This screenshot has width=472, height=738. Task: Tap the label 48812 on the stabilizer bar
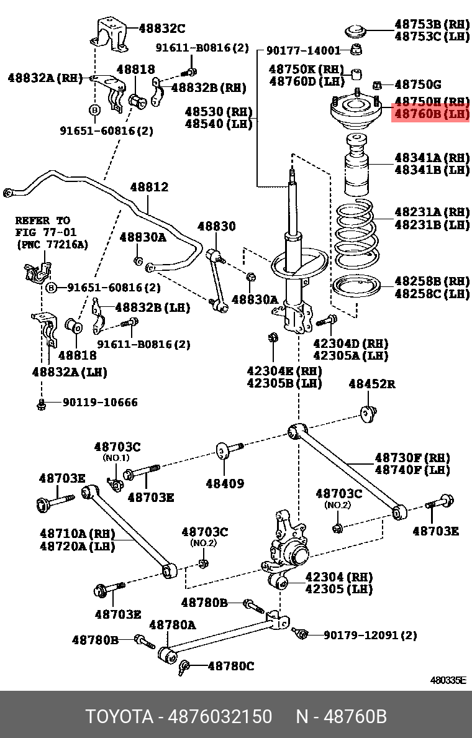148,187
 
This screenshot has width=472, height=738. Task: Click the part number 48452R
371,384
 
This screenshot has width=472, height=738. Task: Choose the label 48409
225,483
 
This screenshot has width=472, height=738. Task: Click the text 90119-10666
99,403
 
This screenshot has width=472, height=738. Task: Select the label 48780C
230,666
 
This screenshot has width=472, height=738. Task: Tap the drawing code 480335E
448,680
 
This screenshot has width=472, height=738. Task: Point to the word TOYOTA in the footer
119,716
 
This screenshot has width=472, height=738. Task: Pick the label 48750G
418,84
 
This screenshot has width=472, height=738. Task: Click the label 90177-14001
304,51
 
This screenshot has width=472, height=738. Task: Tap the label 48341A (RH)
432,158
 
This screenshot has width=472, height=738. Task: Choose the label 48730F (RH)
412,458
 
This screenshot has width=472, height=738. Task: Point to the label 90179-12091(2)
370,635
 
